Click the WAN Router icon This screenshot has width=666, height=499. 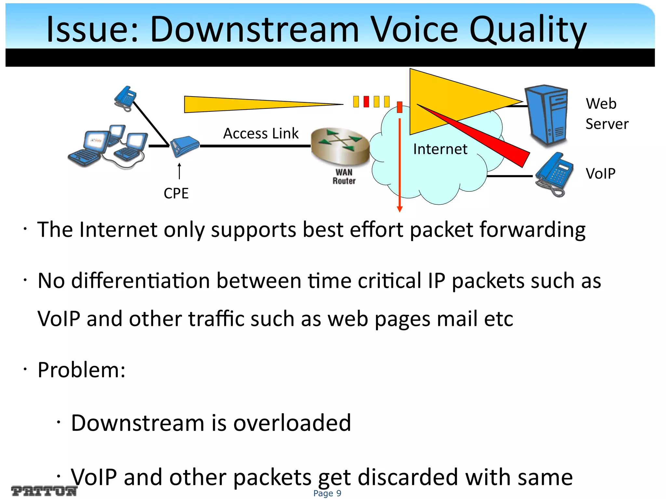[340, 146]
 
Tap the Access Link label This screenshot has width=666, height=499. [261, 134]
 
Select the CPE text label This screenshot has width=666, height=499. [176, 194]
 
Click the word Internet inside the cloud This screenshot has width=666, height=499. [440, 149]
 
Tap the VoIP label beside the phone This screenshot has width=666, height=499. [600, 173]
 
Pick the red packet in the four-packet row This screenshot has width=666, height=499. [366, 102]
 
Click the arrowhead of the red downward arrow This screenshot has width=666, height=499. [400, 209]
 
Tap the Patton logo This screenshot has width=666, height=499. [44, 491]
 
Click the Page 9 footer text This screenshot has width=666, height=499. [327, 493]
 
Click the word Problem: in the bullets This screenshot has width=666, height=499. [81, 370]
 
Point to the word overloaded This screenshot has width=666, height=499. [292, 423]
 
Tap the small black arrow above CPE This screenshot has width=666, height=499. [179, 171]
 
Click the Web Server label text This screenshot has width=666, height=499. [606, 114]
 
